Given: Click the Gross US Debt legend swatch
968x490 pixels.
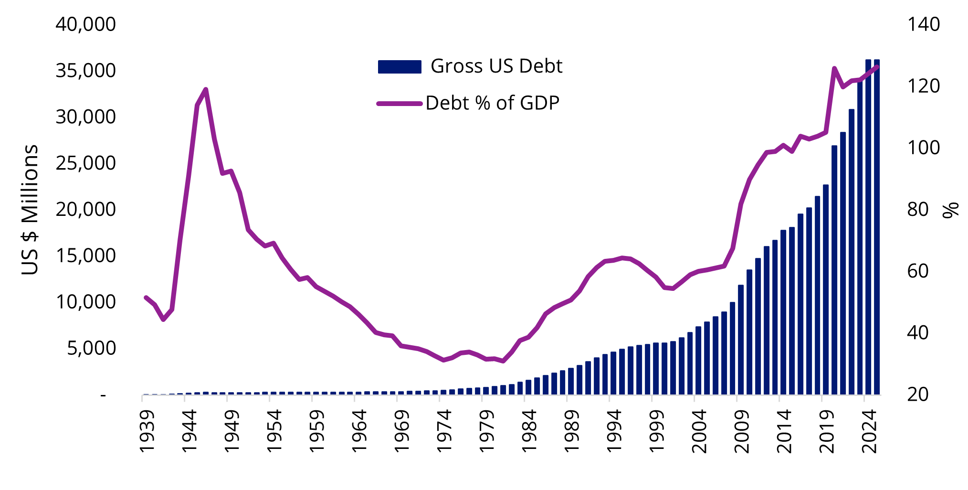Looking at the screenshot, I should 400,67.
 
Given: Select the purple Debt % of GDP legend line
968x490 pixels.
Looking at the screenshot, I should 400,103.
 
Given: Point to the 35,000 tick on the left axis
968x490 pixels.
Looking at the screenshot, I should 85,71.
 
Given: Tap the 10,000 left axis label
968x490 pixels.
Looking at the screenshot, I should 85,302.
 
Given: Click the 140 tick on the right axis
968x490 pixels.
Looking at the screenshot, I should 923,24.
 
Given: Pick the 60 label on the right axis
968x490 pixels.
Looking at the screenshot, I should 917,271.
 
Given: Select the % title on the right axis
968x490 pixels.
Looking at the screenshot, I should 951,210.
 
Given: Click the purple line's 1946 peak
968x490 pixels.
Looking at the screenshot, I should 206,89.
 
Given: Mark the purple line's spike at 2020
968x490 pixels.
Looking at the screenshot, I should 834,69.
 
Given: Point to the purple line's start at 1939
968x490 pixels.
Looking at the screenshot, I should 146,297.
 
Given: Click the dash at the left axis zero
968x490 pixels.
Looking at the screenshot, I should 103,395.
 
